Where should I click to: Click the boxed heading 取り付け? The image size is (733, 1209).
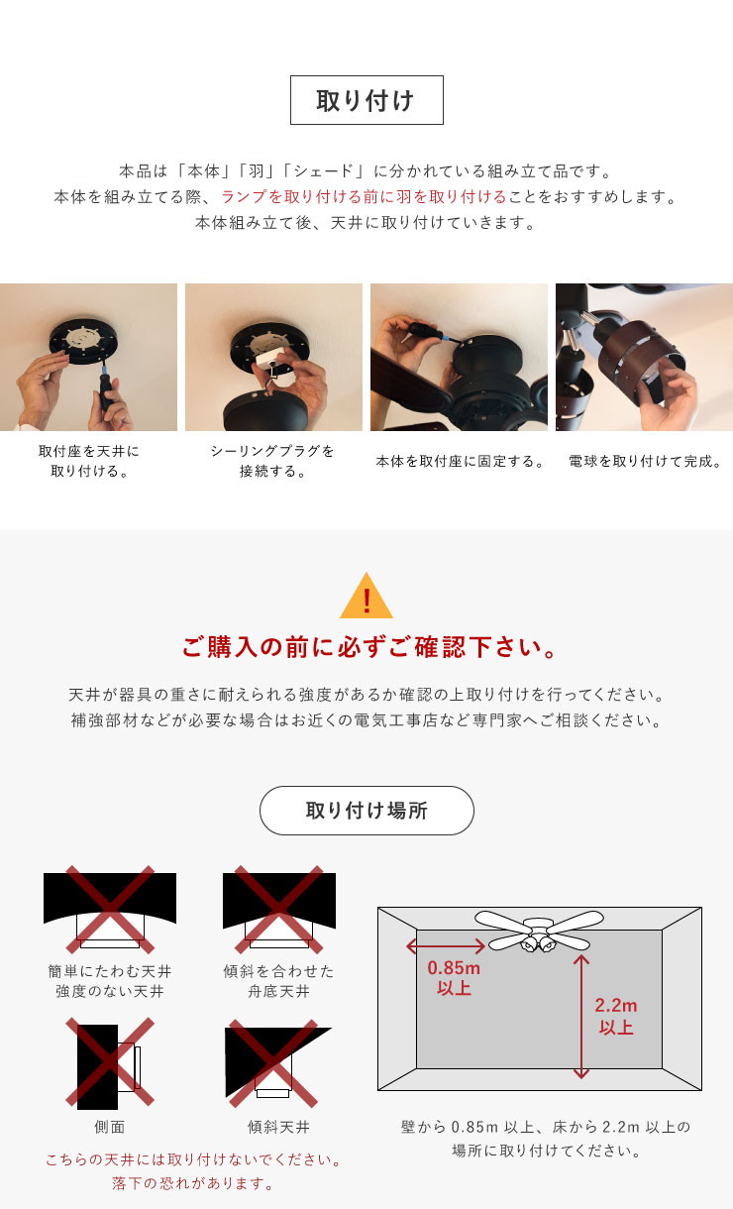click(366, 100)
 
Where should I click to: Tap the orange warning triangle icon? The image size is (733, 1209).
click(366, 596)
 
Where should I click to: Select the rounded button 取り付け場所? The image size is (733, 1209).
click(366, 811)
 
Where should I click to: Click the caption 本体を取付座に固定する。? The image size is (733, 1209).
click(460, 462)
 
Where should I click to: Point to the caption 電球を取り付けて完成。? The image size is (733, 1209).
click(645, 462)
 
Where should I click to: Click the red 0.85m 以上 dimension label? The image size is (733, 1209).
click(454, 978)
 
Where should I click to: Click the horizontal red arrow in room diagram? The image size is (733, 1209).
click(446, 946)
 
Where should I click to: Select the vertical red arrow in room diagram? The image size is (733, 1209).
click(580, 1017)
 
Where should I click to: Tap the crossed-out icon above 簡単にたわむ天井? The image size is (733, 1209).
click(110, 910)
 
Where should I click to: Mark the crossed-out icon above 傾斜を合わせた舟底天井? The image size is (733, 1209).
click(279, 910)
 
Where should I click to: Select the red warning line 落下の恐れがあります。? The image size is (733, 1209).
click(193, 1183)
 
